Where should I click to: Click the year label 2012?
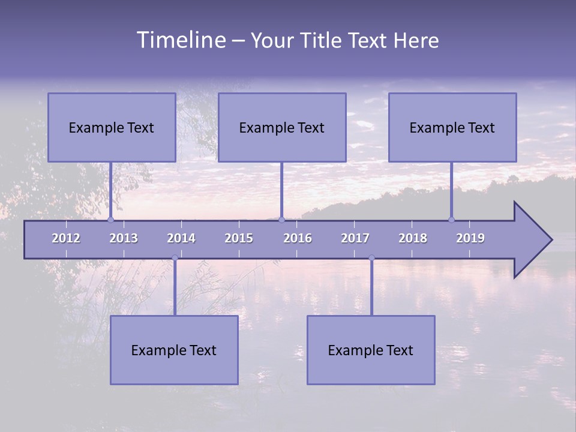point(66,238)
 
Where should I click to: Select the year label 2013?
point(124,238)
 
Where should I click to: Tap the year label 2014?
point(181,238)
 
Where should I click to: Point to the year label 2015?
point(239,238)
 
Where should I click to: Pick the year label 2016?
point(298,238)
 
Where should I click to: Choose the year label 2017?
point(355,238)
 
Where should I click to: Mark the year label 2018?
point(413,238)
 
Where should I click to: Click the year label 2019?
point(470,238)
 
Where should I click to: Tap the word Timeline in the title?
point(181,40)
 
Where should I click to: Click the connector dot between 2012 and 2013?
point(110,220)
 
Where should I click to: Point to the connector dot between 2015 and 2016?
point(281,220)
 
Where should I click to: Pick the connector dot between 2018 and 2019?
point(452,220)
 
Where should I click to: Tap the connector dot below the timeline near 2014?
point(175,258)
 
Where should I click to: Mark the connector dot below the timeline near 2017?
point(371,258)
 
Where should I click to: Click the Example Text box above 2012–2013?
point(112,127)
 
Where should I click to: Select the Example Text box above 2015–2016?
point(282,127)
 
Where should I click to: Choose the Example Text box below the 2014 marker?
point(174,350)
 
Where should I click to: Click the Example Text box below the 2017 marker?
point(371,350)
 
